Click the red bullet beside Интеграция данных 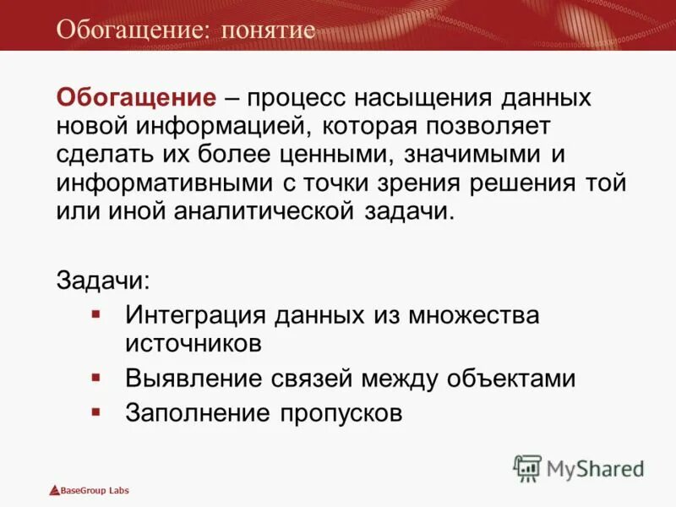[x=96, y=314]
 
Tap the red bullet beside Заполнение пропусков [x=96, y=412]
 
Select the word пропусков [x=337, y=413]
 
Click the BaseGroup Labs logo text [x=94, y=490]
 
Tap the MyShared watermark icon [x=527, y=468]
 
